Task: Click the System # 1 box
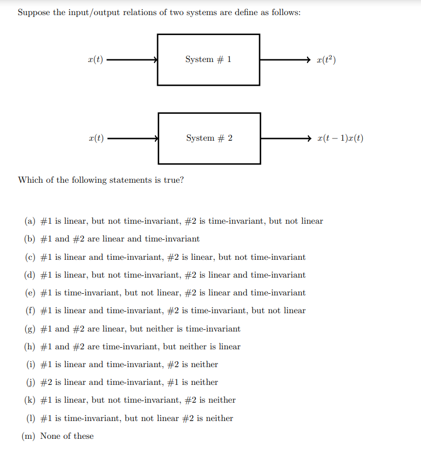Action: pyautogui.click(x=208, y=59)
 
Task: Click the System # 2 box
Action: pyautogui.click(x=209, y=138)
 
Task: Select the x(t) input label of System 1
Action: pyautogui.click(x=95, y=59)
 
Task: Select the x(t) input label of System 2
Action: pyautogui.click(x=96, y=138)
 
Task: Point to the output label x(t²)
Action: pyautogui.click(x=327, y=59)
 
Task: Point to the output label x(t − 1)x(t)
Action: pyautogui.click(x=341, y=138)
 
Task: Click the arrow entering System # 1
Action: pyautogui.click(x=132, y=59)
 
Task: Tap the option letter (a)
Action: pyautogui.click(x=30, y=221)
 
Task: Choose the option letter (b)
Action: pyautogui.click(x=30, y=239)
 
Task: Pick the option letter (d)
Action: pyautogui.click(x=30, y=275)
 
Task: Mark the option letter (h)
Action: pyautogui.click(x=30, y=347)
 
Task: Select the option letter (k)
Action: pyautogui.click(x=30, y=400)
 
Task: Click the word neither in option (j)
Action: pyautogui.click(x=205, y=382)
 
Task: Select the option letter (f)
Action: pyautogui.click(x=30, y=311)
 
